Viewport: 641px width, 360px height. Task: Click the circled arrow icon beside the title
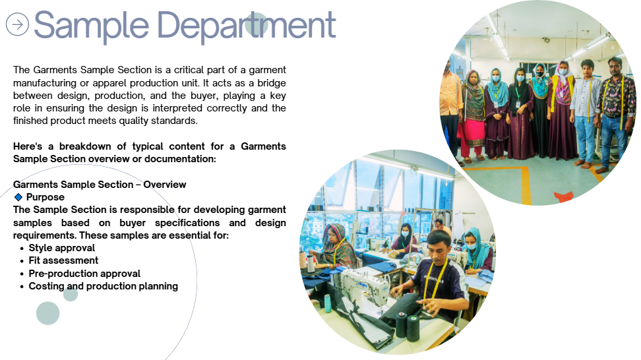(17, 24)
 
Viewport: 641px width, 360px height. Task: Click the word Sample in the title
(91, 27)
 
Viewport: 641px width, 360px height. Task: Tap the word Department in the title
(247, 27)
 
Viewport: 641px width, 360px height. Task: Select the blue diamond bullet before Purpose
(18, 197)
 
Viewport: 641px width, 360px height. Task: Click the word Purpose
(46, 197)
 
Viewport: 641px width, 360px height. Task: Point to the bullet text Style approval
(62, 248)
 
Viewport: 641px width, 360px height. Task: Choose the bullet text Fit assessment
(63, 260)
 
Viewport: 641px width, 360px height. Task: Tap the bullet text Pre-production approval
(84, 274)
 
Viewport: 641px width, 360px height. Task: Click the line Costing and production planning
(104, 286)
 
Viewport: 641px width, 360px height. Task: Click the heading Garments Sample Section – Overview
(100, 185)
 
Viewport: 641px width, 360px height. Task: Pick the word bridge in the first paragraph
(272, 83)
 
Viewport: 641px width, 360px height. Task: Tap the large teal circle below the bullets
(48, 313)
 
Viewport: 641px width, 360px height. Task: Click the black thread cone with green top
(413, 328)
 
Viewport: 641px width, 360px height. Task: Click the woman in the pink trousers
(472, 115)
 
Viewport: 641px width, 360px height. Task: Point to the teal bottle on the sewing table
(328, 303)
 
